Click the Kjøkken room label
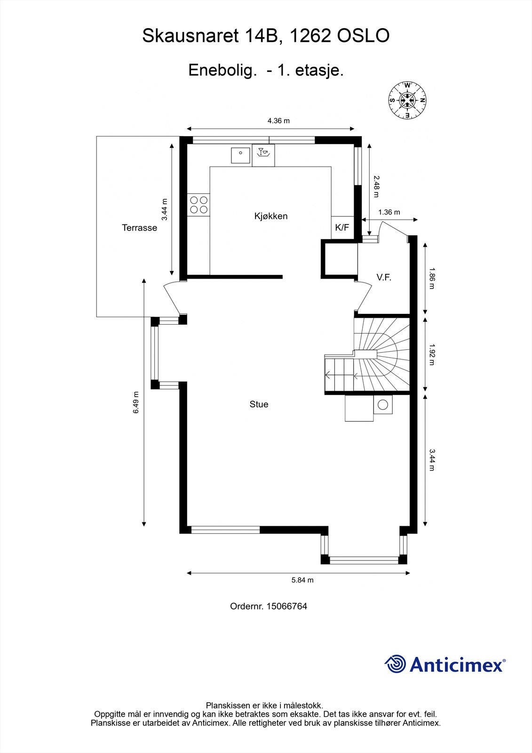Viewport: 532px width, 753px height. (271, 216)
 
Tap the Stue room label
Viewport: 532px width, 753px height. (259, 404)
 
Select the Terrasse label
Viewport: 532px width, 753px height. (140, 228)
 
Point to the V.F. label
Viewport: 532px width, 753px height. (384, 277)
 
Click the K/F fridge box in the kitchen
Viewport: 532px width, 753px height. (342, 228)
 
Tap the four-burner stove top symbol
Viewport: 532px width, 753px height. (199, 205)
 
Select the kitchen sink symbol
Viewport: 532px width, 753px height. (240, 155)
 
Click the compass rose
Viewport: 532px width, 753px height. (407, 100)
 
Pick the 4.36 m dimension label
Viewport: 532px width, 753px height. (278, 120)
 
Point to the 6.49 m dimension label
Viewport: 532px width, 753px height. (136, 402)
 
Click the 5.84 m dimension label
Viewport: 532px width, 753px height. (302, 580)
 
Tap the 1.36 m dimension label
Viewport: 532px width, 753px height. (389, 212)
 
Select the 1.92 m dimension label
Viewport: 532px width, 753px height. (432, 354)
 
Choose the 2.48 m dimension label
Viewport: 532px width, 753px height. (376, 186)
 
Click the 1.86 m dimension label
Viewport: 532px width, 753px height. (432, 278)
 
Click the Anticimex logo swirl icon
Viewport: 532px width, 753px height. (396, 664)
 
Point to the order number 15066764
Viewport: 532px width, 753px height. (286, 606)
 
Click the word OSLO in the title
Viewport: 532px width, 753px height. (363, 36)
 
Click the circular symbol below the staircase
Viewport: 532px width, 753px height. (383, 404)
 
